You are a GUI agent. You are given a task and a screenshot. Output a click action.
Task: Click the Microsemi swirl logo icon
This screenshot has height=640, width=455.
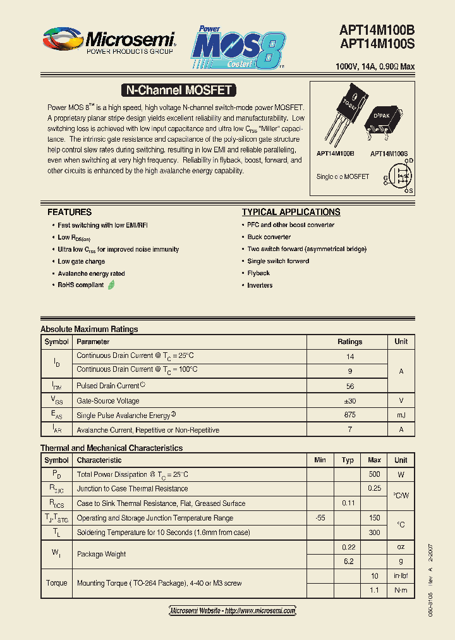[61, 40]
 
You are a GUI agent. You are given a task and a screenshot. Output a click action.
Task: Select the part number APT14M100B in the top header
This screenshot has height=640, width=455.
[377, 30]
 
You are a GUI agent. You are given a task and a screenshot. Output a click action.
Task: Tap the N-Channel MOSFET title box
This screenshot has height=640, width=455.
[178, 90]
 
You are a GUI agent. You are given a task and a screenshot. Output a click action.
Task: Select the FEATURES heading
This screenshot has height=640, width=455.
[70, 212]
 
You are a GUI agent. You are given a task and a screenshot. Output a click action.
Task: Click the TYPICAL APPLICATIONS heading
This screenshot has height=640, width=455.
[291, 212]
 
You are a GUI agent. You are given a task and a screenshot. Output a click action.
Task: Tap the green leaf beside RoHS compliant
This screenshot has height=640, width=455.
[111, 285]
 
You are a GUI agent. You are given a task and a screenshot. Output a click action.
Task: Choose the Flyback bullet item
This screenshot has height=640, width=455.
[258, 273]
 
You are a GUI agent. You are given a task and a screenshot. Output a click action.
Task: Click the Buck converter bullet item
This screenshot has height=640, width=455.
[269, 237]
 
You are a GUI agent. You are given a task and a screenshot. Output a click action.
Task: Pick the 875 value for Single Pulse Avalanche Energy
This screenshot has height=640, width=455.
[349, 415]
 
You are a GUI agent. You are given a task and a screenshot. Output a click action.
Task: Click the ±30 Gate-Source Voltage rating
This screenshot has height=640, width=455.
[349, 400]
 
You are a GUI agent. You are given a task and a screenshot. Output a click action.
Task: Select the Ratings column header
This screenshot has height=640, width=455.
[349, 342]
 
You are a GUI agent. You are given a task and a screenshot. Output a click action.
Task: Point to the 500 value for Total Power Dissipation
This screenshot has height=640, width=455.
[374, 474]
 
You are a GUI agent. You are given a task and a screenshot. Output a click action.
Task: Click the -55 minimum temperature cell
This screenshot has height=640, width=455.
[320, 518]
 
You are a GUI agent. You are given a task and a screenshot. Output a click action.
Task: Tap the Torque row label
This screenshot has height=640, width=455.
[56, 582]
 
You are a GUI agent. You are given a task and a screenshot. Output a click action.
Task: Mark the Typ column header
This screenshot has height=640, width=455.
[348, 460]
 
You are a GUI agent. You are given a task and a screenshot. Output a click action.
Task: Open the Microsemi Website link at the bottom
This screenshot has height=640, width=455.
[233, 610]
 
